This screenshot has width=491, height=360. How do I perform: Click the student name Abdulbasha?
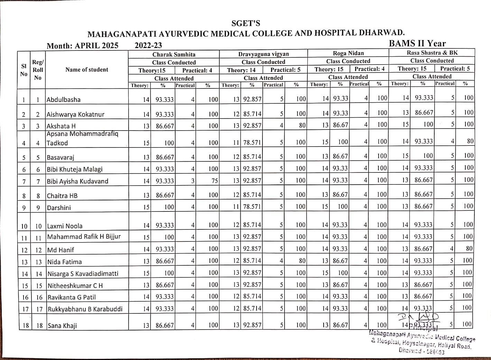tap(64, 100)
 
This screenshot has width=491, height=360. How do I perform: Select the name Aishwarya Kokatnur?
tap(75, 114)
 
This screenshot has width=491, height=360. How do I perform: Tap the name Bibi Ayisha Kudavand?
tap(77, 181)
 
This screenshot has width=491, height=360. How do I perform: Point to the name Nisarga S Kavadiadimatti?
tap(83, 274)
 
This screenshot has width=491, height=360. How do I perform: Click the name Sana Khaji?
tap(62, 325)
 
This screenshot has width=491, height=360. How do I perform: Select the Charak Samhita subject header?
tap(174, 55)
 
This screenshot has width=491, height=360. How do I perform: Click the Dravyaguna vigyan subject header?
tap(263, 54)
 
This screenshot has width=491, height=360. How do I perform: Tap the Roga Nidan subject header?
tap(348, 53)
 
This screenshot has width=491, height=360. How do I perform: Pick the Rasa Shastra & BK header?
tap(432, 53)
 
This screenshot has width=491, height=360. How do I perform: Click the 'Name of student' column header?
tap(87, 70)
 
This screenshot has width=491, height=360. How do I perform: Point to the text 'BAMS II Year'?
tap(417, 44)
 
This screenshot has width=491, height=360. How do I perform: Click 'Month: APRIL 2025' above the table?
tap(82, 46)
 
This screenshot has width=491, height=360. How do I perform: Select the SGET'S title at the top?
tap(245, 23)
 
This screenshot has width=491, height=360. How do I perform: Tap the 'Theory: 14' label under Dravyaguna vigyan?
tap(241, 70)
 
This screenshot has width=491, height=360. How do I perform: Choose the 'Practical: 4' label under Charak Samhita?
tap(197, 70)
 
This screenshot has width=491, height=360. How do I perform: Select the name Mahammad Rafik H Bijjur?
tap(84, 237)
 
